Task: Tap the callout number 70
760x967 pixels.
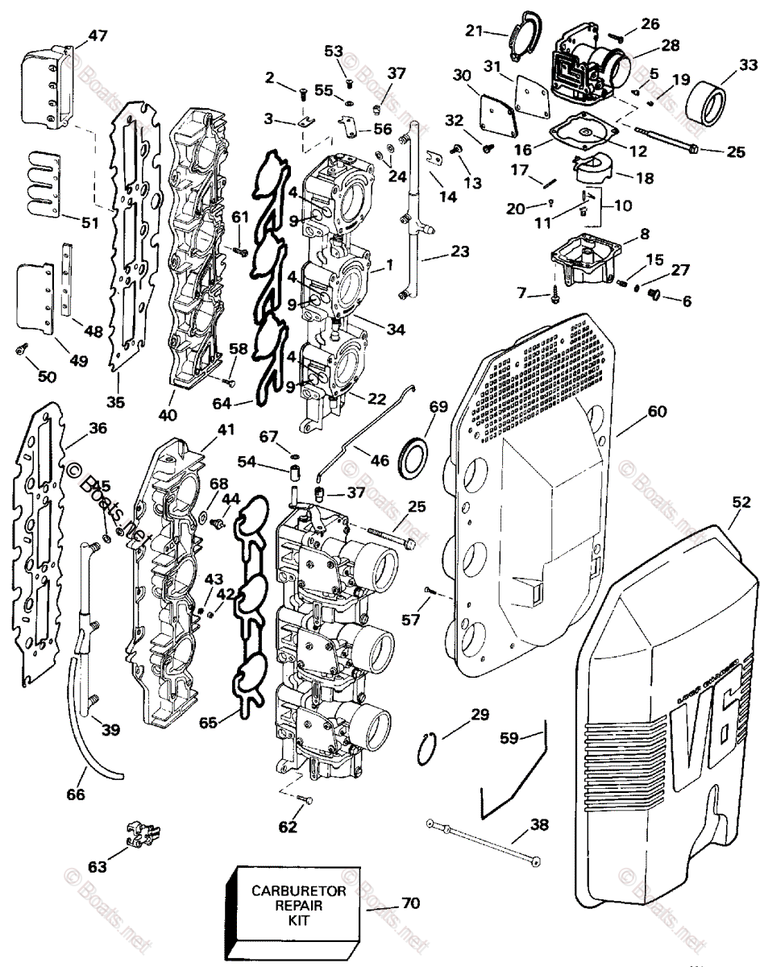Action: (410, 903)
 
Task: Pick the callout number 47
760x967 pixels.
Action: (98, 35)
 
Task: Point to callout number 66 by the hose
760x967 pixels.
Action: (76, 795)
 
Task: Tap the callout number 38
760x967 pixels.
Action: (538, 824)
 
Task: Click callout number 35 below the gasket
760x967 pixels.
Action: (116, 402)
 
